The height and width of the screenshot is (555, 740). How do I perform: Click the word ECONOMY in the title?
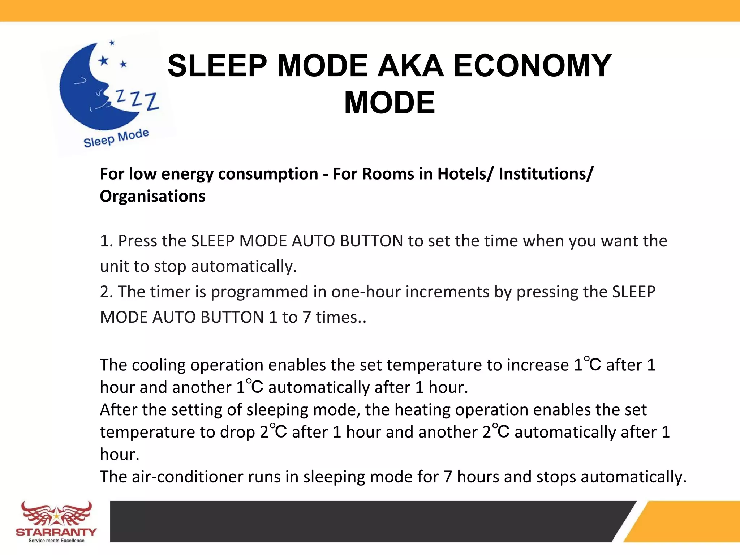[x=532, y=66]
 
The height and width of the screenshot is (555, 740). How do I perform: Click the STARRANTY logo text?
[x=56, y=532]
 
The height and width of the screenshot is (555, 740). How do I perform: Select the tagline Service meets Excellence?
[x=56, y=541]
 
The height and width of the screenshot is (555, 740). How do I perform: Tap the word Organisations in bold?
[x=152, y=196]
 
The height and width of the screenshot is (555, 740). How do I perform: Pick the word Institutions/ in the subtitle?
[x=546, y=174]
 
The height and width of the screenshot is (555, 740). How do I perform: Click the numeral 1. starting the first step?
[x=107, y=241]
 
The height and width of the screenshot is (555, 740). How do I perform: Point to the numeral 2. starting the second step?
[x=107, y=292]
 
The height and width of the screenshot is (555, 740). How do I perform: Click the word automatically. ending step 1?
[x=244, y=267]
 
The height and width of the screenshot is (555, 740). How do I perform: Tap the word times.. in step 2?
[x=341, y=317]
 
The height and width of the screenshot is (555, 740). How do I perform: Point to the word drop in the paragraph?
[x=237, y=432]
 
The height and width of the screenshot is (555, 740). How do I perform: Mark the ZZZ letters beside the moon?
[x=137, y=99]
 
